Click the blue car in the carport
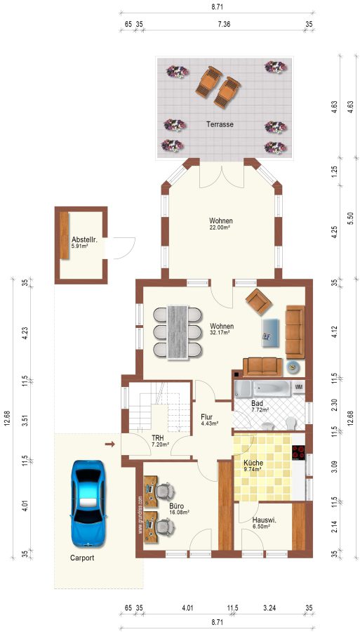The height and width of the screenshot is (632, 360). tap(88, 503)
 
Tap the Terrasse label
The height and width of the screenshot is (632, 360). tap(220, 124)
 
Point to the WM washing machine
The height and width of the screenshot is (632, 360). tap(299, 387)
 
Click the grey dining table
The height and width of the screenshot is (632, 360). tap(178, 331)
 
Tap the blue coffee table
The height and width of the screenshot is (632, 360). tap(271, 333)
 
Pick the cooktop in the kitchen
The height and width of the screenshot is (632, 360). tap(298, 452)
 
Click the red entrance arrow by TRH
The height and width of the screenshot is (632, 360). tap(110, 445)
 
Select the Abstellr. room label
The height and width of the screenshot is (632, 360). tap(82, 238)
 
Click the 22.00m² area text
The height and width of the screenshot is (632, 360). tap(220, 228)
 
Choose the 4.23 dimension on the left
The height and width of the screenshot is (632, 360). tap(25, 333)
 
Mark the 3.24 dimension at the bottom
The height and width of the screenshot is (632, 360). tap(269, 609)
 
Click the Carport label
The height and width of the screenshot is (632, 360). tap(82, 558)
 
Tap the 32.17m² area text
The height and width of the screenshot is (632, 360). tap(220, 333)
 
